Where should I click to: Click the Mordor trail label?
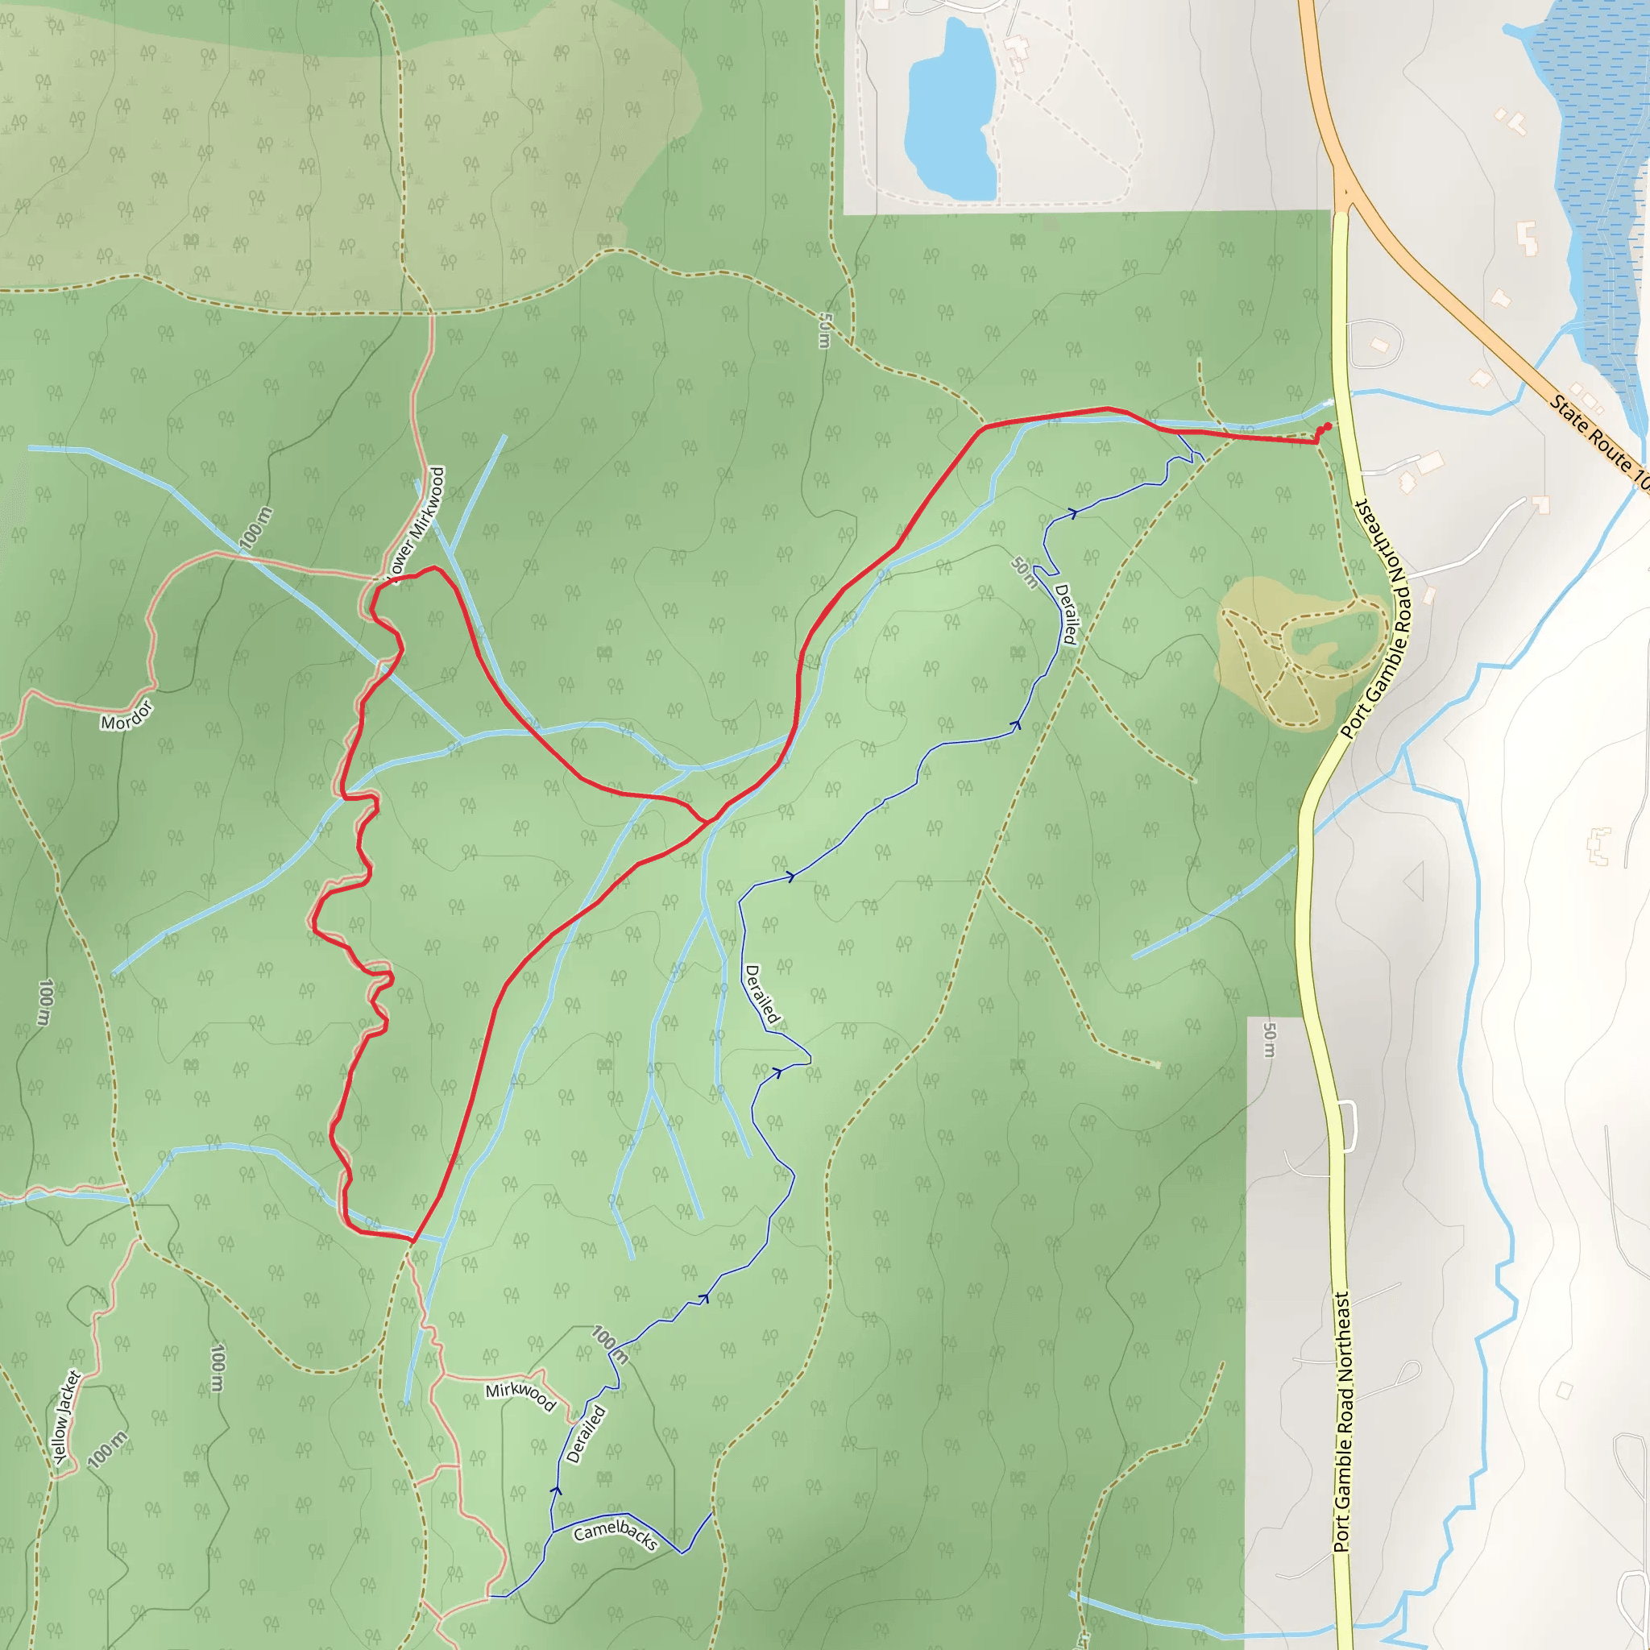click(x=126, y=715)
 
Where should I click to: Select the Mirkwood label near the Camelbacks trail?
click(x=520, y=1396)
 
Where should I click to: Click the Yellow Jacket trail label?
click(x=67, y=1418)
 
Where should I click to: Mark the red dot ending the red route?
click(x=1327, y=426)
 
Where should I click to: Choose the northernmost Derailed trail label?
click(x=1066, y=613)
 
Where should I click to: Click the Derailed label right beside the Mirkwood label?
click(x=586, y=1434)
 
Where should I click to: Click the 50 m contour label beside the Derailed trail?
click(x=1024, y=572)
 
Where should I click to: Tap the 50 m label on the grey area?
click(x=1269, y=1039)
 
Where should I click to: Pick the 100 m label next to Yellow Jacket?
click(x=108, y=1449)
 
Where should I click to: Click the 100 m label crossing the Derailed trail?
click(x=610, y=1345)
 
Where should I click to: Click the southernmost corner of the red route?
click(x=412, y=1239)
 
